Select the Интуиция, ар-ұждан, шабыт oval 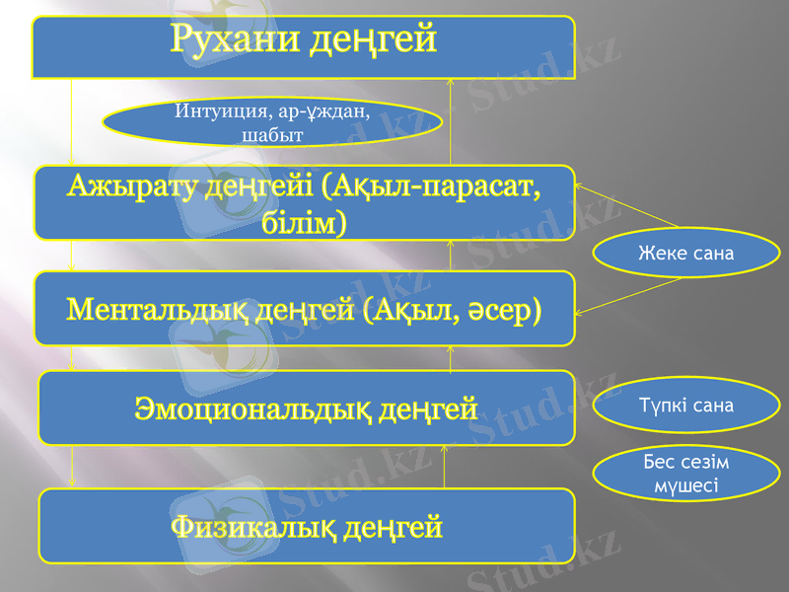click(x=272, y=122)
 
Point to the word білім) click(x=305, y=223)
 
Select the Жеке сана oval click(x=685, y=254)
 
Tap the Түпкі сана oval click(x=685, y=406)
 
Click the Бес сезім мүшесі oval click(x=685, y=474)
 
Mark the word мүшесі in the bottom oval click(x=685, y=485)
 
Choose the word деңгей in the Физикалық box click(x=392, y=527)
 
